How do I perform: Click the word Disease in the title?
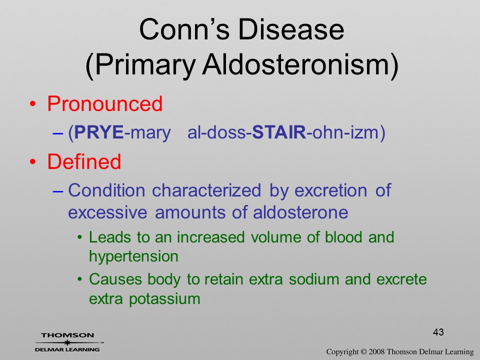291,29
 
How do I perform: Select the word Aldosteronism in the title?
300,65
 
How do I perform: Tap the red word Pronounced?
104,103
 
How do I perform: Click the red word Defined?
84,161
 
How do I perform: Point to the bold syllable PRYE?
98,132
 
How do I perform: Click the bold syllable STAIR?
279,132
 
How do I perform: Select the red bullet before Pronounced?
33,104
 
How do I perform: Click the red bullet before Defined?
33,162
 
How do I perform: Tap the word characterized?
206,190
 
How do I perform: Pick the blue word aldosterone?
300,212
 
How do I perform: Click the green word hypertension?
133,256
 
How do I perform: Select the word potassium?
164,299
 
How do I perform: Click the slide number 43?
438,332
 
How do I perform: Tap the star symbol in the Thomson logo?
67,342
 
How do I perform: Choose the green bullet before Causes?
79,279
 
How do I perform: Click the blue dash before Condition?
57,191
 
